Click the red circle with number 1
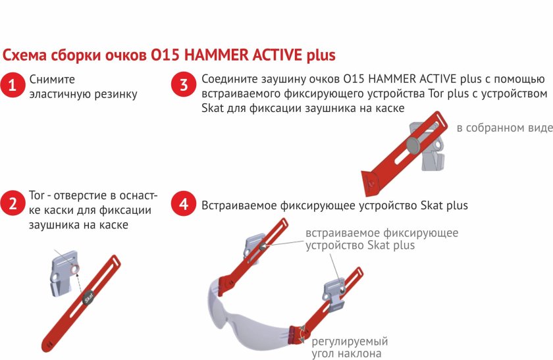[13, 85]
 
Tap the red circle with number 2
[13, 204]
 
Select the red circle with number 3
[184, 85]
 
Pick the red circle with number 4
[184, 205]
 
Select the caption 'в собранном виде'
[504, 128]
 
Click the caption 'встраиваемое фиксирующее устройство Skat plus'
[382, 239]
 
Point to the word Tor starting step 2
[37, 196]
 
